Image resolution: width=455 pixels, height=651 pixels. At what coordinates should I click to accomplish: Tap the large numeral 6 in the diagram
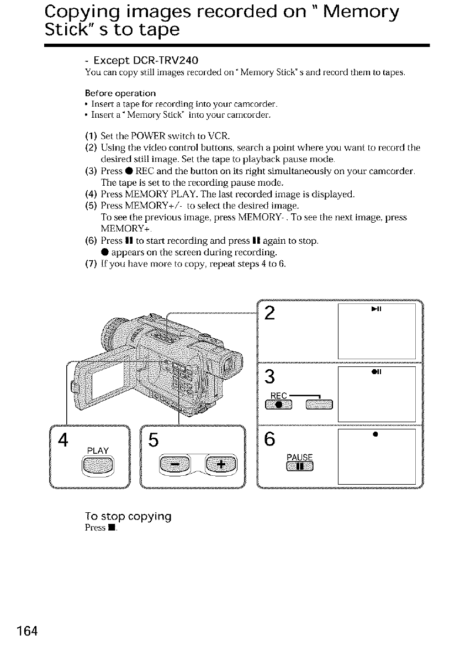point(270,439)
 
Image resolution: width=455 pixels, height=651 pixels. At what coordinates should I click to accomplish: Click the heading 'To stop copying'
point(128,517)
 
